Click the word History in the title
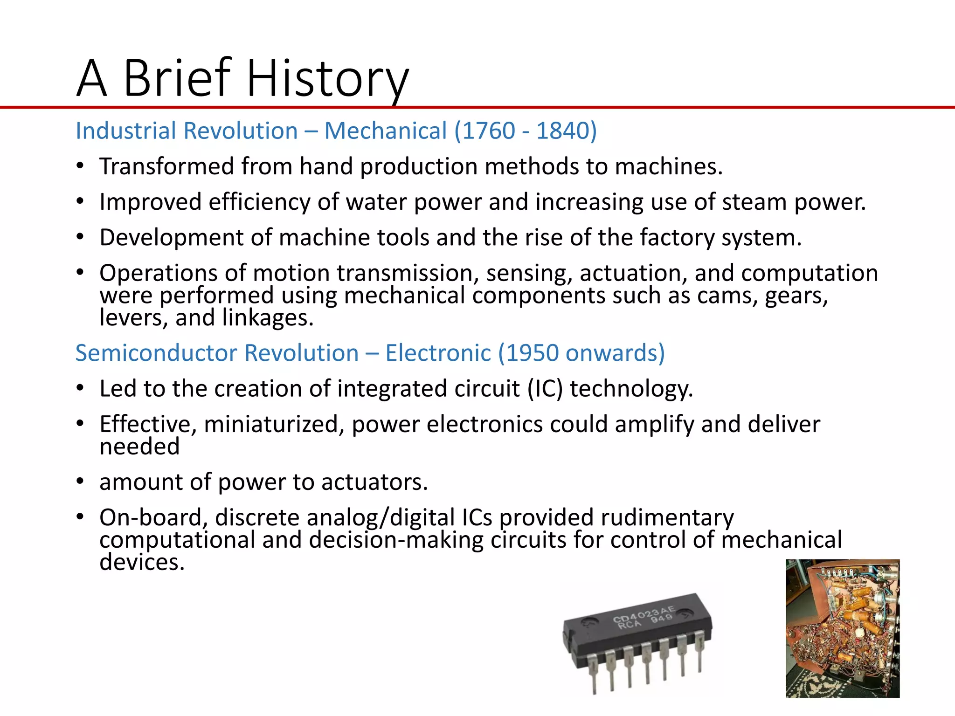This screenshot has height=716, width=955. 327,78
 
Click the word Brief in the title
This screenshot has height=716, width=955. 177,78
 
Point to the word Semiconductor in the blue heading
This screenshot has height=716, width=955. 156,353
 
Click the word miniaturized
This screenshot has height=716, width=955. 274,425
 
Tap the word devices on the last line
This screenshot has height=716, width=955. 142,563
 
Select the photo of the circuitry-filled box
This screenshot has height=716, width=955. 842,628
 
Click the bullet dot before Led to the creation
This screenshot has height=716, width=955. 80,388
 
